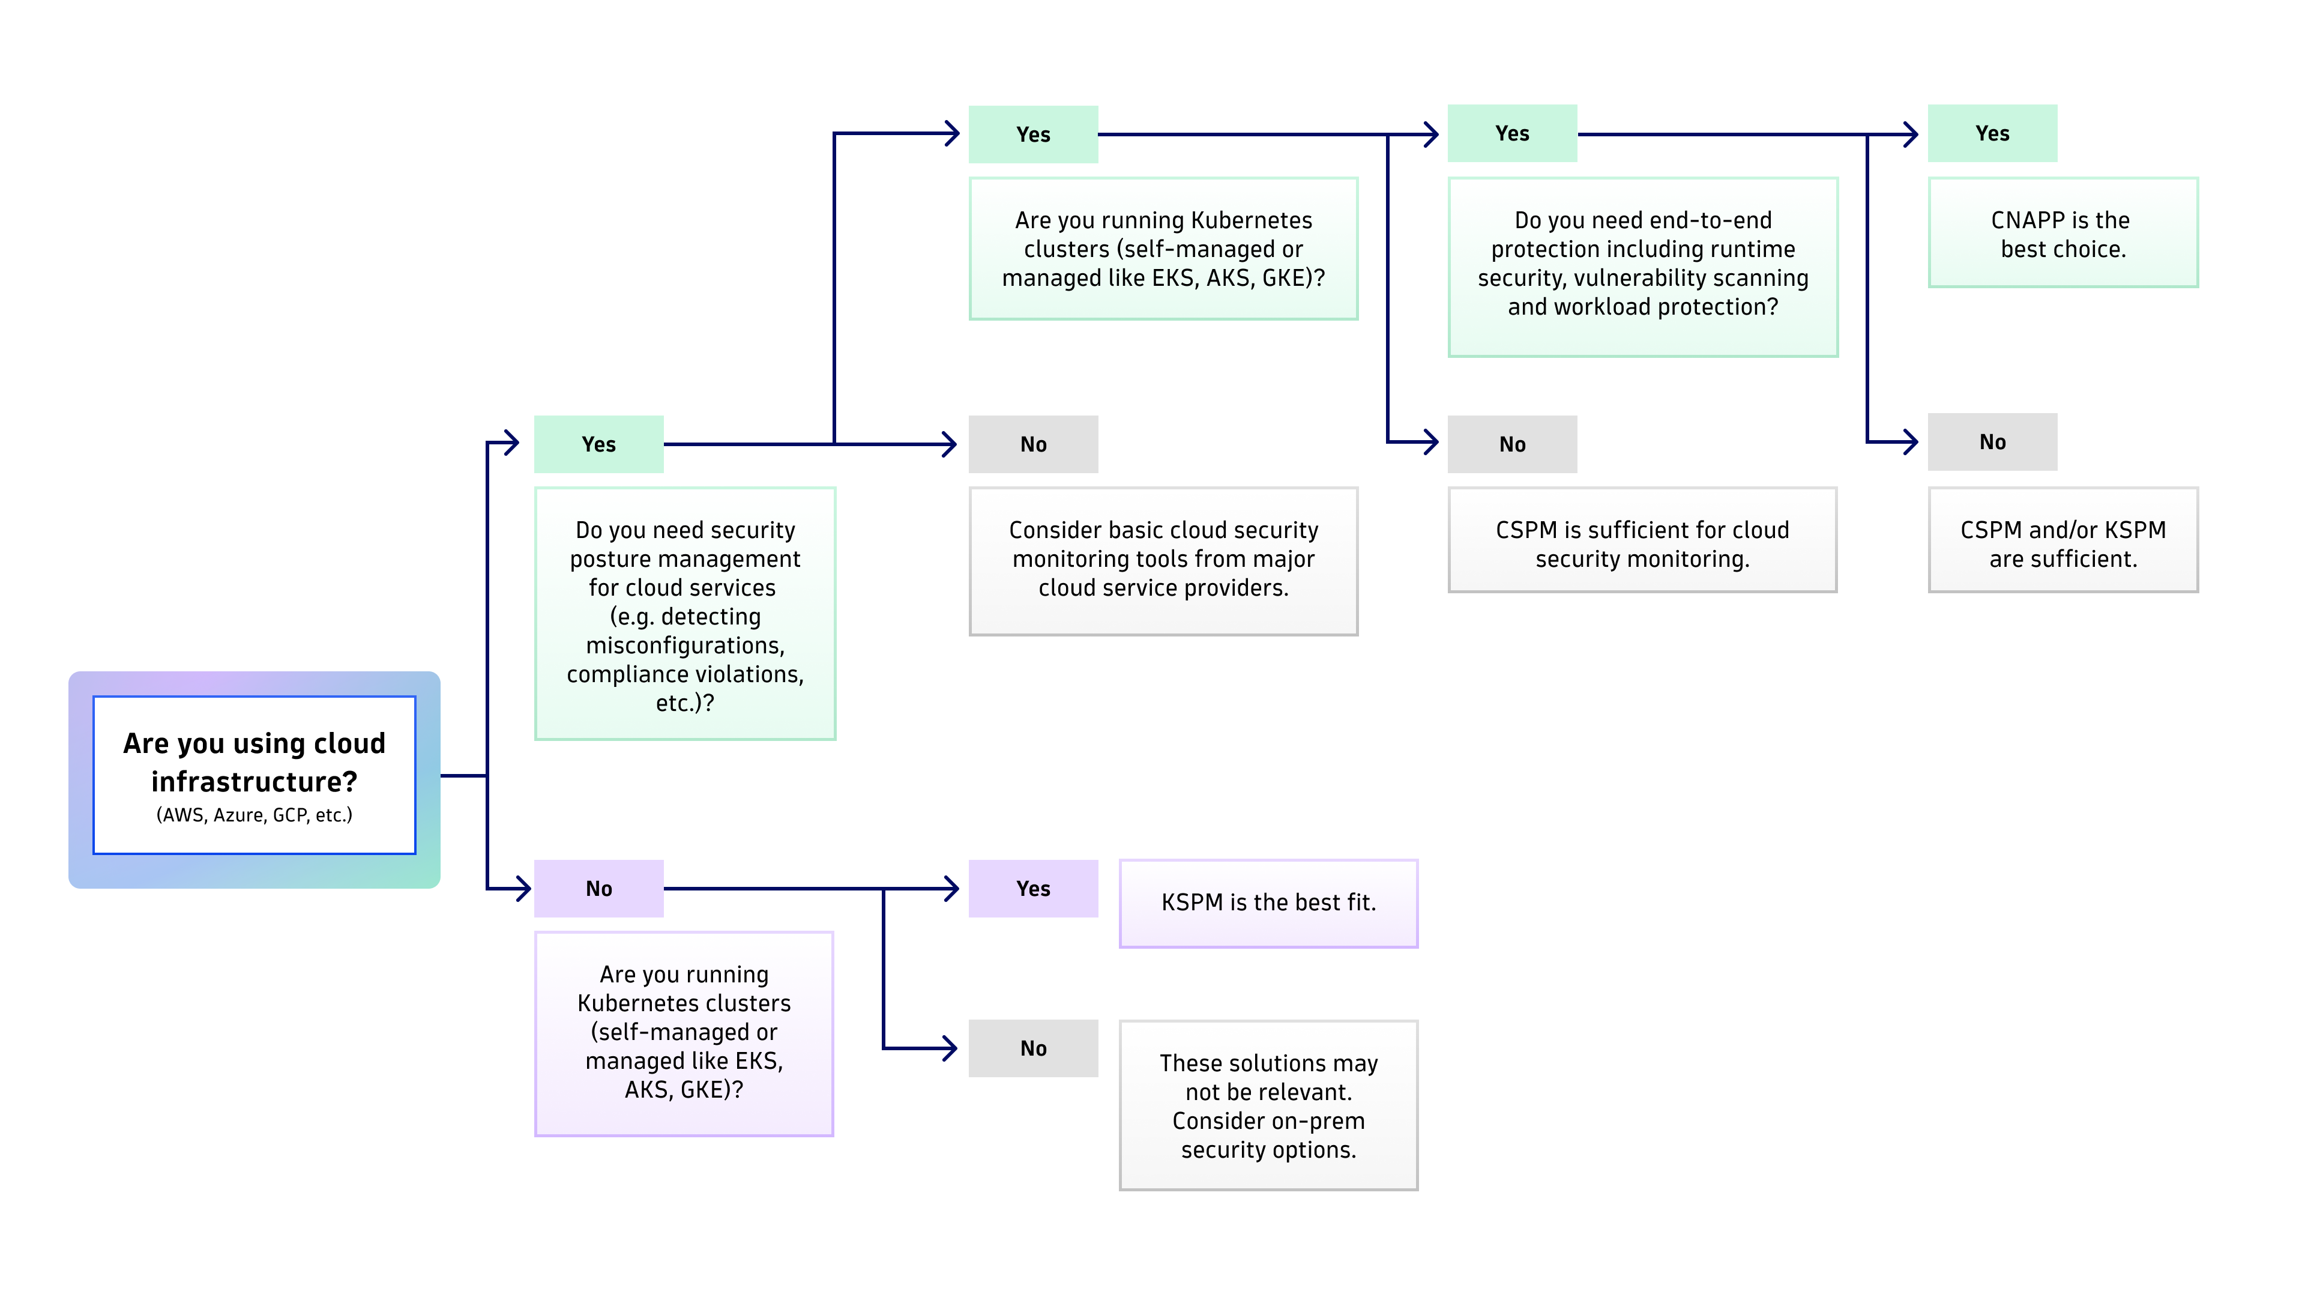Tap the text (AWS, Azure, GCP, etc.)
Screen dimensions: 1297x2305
coord(254,815)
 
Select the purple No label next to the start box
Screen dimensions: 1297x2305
coord(598,888)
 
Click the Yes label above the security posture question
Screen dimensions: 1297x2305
coord(598,444)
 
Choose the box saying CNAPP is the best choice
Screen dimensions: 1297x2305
coord(2062,234)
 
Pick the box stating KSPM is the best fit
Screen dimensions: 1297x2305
coord(1268,902)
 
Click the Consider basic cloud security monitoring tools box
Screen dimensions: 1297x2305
coord(1163,560)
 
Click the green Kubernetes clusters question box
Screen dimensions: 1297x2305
coord(1163,248)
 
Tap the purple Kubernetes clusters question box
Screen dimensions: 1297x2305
coord(684,1032)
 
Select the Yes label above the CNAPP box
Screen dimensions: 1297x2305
coord(1992,133)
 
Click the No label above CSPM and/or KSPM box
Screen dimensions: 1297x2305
coord(1992,441)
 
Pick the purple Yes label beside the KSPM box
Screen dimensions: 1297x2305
coord(1032,888)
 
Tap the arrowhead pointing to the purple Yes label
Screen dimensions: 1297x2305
coord(952,888)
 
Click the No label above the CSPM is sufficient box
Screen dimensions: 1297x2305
coord(1512,444)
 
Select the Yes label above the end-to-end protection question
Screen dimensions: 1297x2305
coord(1512,133)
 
